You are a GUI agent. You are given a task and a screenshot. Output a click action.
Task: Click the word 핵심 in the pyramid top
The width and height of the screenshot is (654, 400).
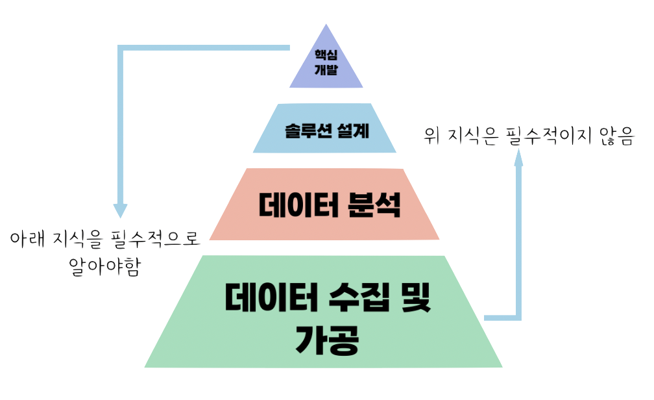point(326,56)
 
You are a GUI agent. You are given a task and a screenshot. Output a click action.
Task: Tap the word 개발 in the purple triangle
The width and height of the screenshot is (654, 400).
point(326,71)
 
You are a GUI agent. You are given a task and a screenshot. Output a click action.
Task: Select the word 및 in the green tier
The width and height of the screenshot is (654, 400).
point(413,299)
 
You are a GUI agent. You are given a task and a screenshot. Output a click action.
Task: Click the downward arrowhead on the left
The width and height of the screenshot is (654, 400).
point(120,211)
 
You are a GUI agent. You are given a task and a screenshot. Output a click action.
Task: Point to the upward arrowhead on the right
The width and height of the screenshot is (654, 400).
point(518,158)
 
